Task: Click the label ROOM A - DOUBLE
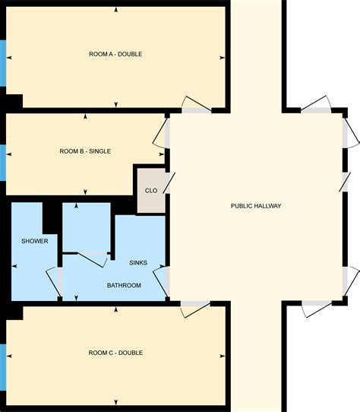coord(115,54)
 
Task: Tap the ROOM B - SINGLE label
coord(85,151)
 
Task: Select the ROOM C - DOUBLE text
coord(115,353)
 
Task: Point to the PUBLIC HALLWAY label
coord(256,206)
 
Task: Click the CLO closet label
coord(151,191)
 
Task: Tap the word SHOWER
coord(35,241)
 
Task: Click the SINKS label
coord(138,263)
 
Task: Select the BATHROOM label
coord(124,285)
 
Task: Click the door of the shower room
coord(55,282)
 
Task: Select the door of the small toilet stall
coord(93,258)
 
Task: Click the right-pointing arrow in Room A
coord(223,57)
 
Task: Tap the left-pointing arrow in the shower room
coord(15,266)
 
